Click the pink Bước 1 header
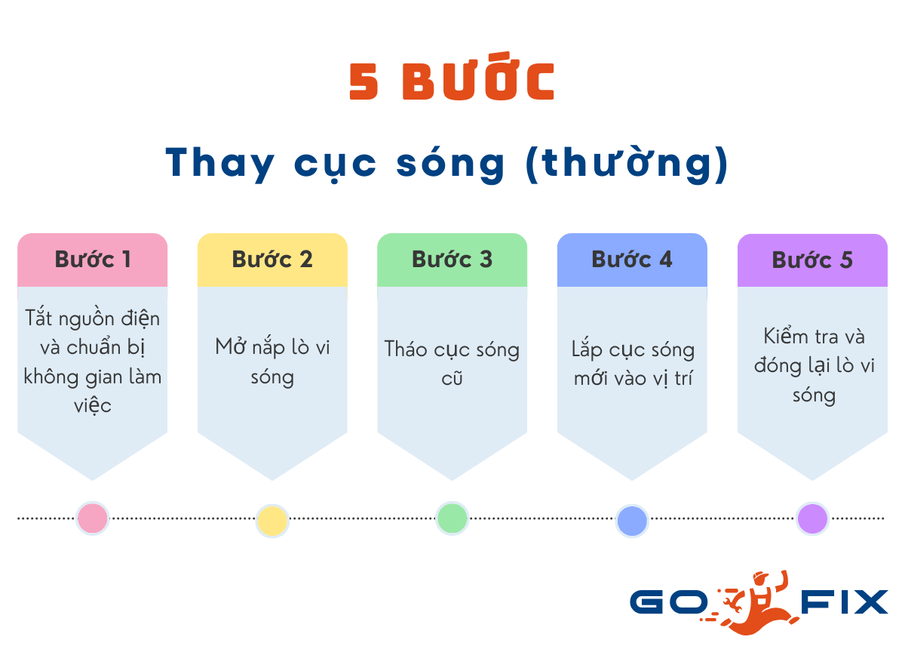tap(92, 260)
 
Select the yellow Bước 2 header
tap(272, 260)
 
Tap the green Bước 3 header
tap(452, 260)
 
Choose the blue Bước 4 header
tap(632, 260)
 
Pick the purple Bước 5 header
tap(812, 260)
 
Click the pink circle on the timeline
tap(93, 518)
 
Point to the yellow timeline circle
tap(272, 521)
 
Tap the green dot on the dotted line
tap(452, 518)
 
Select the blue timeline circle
tap(632, 521)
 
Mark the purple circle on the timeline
tap(813, 518)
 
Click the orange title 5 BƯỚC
tap(452, 82)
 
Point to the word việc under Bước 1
tap(93, 405)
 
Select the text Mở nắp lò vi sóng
tap(272, 361)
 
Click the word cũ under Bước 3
tap(452, 378)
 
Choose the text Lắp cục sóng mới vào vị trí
tap(632, 364)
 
